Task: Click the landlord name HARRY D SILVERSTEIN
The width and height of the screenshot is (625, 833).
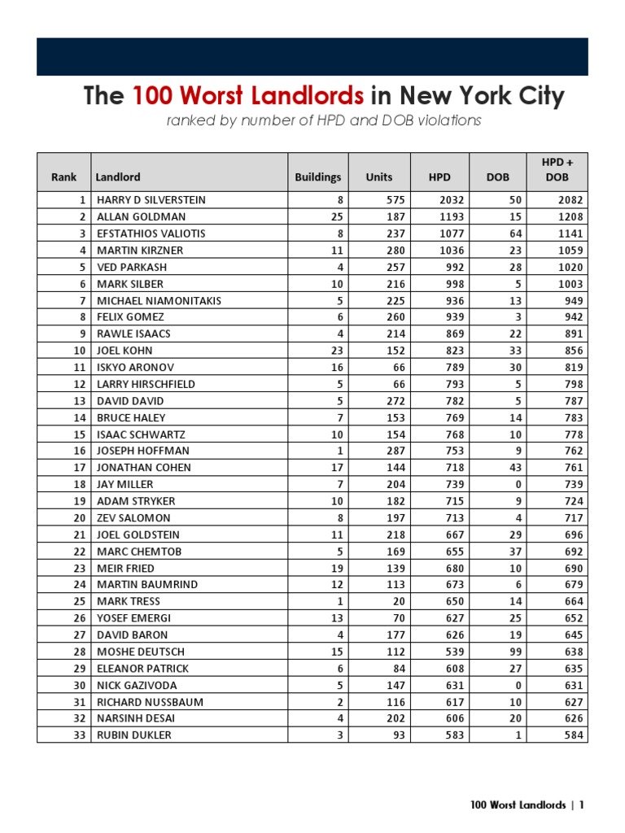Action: pos(151,200)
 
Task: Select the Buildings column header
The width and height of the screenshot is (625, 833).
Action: pos(318,177)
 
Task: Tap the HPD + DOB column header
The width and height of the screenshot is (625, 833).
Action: pos(557,170)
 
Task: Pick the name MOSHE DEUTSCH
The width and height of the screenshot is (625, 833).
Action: pos(141,652)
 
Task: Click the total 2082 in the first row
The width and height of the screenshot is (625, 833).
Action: pos(570,200)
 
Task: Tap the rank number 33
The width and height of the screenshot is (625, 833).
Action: pos(80,735)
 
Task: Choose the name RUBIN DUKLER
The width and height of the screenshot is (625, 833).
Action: pos(134,735)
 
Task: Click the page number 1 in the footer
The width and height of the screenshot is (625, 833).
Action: pos(582,805)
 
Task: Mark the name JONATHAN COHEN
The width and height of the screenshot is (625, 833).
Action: pos(144,468)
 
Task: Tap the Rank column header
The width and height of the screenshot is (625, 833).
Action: pos(63,177)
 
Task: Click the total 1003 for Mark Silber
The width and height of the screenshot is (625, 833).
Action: pos(570,284)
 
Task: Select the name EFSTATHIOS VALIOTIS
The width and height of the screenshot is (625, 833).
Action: pos(151,233)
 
